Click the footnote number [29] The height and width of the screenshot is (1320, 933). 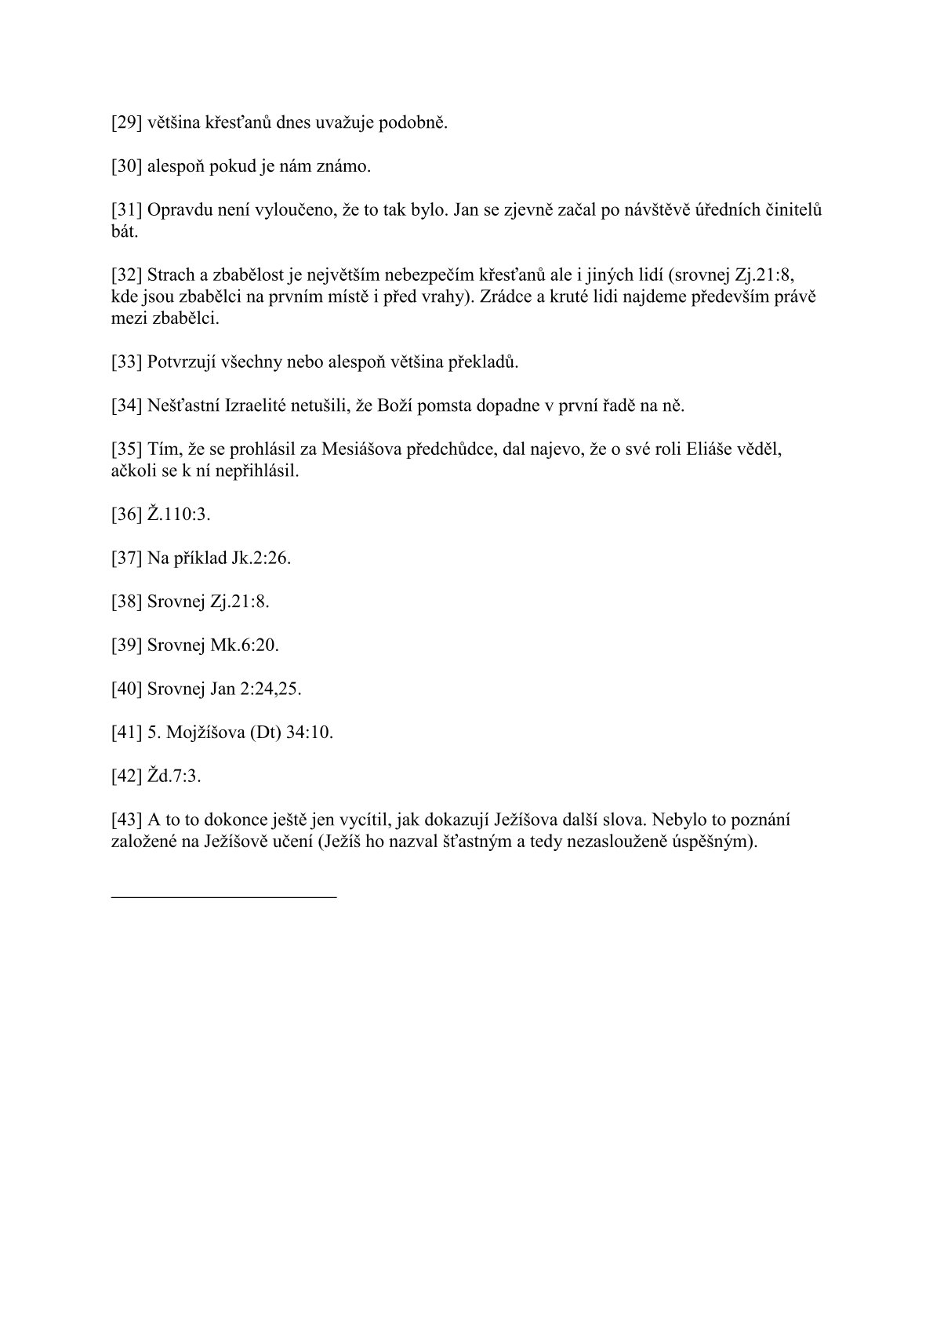coord(126,123)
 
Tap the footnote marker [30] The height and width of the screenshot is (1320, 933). coord(126,167)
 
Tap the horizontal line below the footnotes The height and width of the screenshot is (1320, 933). coord(224,896)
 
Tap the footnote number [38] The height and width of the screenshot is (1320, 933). coord(126,602)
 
